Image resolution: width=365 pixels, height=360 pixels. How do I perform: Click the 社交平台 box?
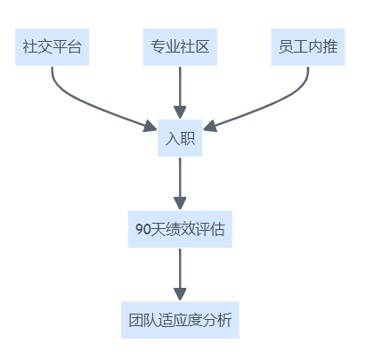52,47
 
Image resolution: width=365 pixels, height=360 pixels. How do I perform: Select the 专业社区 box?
180,47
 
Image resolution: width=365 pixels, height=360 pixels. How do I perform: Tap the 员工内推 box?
308,47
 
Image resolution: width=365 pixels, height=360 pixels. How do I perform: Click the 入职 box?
180,138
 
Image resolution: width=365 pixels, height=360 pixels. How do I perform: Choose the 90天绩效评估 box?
180,229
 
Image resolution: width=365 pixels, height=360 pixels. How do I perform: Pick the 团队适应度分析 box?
180,320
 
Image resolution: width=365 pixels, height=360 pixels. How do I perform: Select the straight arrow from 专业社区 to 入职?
180,93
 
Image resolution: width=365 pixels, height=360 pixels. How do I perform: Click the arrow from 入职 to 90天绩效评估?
180,184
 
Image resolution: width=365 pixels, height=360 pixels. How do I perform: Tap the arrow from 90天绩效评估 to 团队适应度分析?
180,274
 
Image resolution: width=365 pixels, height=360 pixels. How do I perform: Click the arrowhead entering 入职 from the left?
150,127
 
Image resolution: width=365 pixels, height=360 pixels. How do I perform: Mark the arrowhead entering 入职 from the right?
210,127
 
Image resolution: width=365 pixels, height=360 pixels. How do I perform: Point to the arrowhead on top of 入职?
180,113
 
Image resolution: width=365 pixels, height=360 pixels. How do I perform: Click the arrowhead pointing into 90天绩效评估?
180,204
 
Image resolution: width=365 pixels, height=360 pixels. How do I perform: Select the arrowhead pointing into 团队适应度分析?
180,295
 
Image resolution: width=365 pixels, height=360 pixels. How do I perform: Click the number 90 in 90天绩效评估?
143,229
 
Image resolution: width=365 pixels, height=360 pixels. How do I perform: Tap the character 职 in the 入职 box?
188,138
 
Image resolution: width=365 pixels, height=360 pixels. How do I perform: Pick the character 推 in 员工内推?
330,47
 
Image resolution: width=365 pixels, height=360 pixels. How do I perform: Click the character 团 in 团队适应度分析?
136,320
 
